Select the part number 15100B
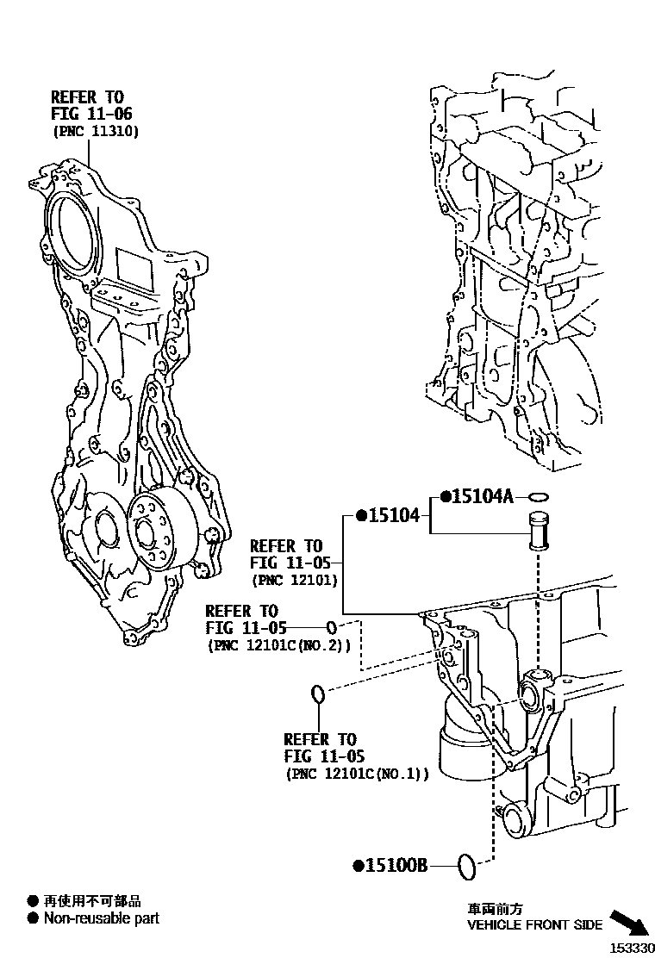(395, 865)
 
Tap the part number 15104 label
(394, 515)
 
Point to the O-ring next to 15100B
(465, 867)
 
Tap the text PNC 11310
(96, 131)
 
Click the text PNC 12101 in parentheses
(294, 580)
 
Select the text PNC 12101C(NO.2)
(278, 644)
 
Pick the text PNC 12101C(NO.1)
(357, 774)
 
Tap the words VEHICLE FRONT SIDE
(534, 924)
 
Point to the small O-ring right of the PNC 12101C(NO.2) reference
(331, 626)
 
